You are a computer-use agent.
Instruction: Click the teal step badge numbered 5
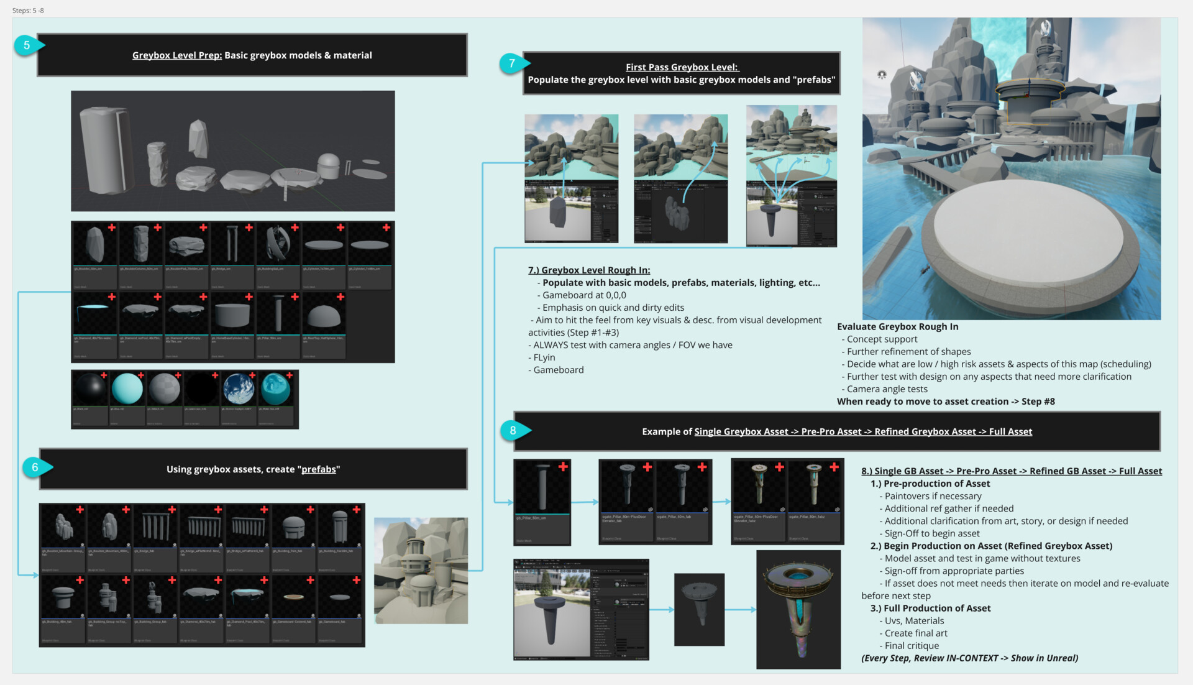(27, 45)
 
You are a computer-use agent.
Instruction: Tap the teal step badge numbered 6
(35, 467)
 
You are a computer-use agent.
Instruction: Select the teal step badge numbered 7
(511, 63)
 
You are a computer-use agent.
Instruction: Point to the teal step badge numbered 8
(513, 430)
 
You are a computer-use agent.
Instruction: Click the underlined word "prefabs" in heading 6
(318, 469)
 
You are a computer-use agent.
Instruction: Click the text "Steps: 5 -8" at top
(28, 11)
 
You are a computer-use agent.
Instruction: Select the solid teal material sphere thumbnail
(127, 389)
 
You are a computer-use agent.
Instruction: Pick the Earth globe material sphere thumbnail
(239, 389)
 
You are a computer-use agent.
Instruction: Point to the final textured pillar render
(798, 609)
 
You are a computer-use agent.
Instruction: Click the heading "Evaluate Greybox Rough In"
(897, 327)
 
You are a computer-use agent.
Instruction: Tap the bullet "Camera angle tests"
(887, 389)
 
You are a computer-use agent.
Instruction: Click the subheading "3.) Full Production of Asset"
(930, 609)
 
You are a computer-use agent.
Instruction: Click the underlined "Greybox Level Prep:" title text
(176, 55)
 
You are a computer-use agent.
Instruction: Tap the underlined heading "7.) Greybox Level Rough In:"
(588, 270)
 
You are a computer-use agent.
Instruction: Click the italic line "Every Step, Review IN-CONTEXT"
(969, 658)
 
